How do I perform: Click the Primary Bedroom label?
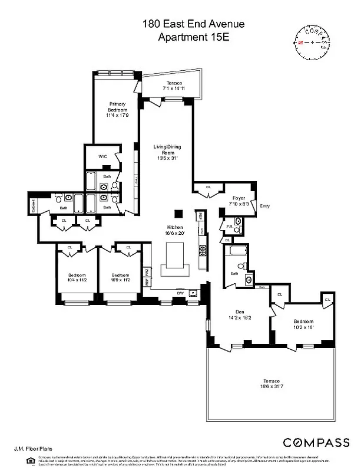118,110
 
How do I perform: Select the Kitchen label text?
176,230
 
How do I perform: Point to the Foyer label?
238,201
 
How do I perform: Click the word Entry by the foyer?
264,206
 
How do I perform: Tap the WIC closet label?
102,156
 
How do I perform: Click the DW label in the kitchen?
181,293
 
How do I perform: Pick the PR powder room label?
229,226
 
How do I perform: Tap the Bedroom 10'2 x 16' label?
305,324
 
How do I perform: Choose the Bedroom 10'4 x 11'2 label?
77,277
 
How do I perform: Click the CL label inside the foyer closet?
209,187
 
